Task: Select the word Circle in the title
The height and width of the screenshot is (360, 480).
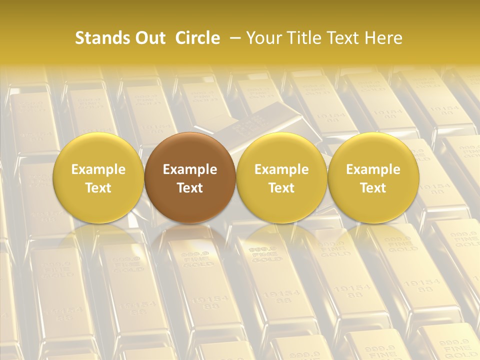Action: coord(197,38)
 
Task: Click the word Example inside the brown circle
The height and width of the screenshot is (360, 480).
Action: coord(190,169)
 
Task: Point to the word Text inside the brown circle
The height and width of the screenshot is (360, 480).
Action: coord(190,188)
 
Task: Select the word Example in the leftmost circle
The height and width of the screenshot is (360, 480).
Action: coord(98,169)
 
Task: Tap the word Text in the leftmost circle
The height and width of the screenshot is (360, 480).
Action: coord(98,188)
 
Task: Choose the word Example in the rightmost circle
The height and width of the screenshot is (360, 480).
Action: coord(373,169)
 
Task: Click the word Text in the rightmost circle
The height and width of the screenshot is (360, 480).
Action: coord(373,188)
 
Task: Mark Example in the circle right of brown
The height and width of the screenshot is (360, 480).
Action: coord(281,169)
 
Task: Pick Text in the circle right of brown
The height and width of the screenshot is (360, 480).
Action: coord(281,188)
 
